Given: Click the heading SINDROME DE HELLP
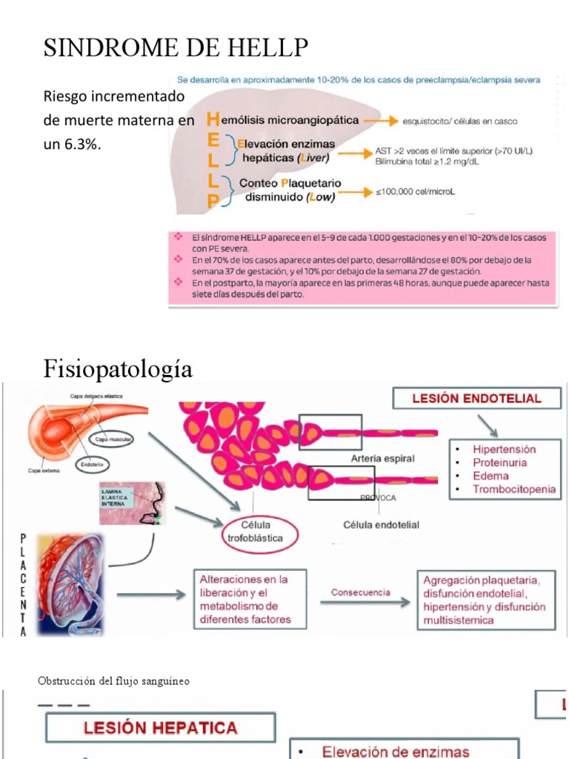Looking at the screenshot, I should tap(176, 49).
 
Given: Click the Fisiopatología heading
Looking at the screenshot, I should tap(119, 368).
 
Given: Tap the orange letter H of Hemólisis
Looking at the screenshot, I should tap(214, 119).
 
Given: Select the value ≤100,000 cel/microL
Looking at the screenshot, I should tap(415, 193).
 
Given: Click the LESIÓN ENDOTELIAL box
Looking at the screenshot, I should tap(476, 398).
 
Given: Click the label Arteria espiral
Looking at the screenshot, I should tap(382, 459).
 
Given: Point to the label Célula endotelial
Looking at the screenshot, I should tap(381, 525).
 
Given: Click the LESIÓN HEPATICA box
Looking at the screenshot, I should tap(161, 728).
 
